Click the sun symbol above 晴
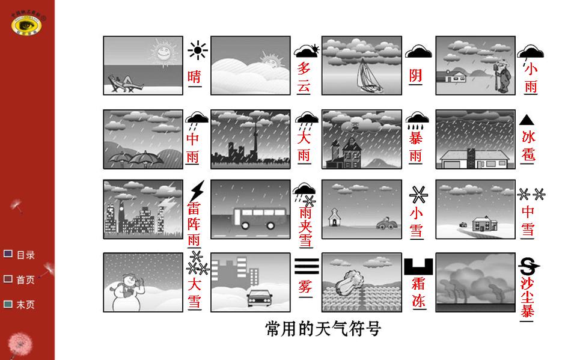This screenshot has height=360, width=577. pos(198,50)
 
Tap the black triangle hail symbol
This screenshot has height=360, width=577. pos(527,120)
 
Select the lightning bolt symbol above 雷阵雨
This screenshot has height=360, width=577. pos(197,192)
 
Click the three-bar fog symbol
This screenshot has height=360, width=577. pos(307,266)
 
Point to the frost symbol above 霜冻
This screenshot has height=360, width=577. pos(419,266)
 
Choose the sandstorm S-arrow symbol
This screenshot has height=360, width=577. pos(528,266)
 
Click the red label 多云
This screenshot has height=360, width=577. pos(304,77)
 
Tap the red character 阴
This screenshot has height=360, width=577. pos(416,76)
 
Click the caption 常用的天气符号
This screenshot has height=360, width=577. pos(323,329)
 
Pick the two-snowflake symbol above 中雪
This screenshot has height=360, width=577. pos(531,194)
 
